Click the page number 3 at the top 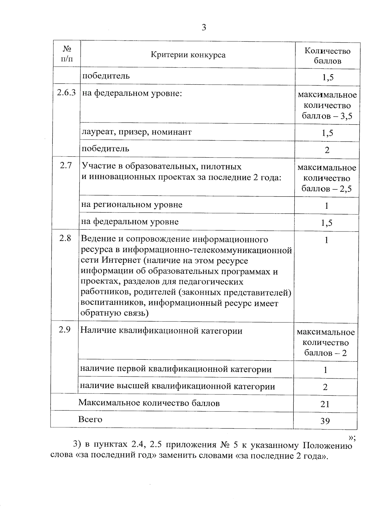coord(204,28)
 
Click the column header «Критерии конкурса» coord(188,55)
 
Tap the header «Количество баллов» coord(328,56)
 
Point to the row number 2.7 coord(66,165)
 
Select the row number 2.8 coord(65,238)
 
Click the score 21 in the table coord(325,404)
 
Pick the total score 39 coord(325,421)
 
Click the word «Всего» coord(90,419)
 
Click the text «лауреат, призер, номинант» coord(136,132)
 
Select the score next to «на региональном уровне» coord(327,206)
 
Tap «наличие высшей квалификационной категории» coord(177,386)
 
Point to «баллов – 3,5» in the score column coord(327,116)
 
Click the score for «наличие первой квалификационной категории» coord(325,370)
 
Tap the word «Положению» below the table coord(328,446)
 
